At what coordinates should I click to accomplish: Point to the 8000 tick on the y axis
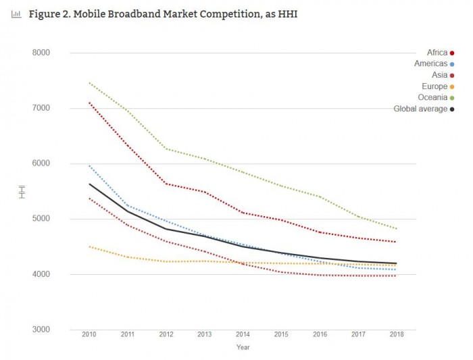pyautogui.click(x=42, y=53)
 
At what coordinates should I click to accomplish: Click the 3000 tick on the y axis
pyautogui.click(x=42, y=330)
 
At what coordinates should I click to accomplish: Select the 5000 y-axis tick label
pyautogui.click(x=42, y=219)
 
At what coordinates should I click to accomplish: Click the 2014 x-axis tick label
pyautogui.click(x=243, y=335)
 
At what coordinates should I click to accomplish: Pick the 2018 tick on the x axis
pyautogui.click(x=396, y=335)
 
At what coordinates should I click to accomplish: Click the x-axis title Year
pyautogui.click(x=243, y=347)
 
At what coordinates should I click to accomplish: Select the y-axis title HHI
pyautogui.click(x=22, y=191)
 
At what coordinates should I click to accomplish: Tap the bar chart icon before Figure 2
pyautogui.click(x=16, y=14)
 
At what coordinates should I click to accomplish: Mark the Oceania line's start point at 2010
pyautogui.click(x=89, y=82)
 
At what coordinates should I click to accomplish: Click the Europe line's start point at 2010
pyautogui.click(x=89, y=247)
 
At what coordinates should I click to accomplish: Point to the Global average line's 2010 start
pyautogui.click(x=89, y=184)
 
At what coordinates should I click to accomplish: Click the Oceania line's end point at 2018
pyautogui.click(x=396, y=228)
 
